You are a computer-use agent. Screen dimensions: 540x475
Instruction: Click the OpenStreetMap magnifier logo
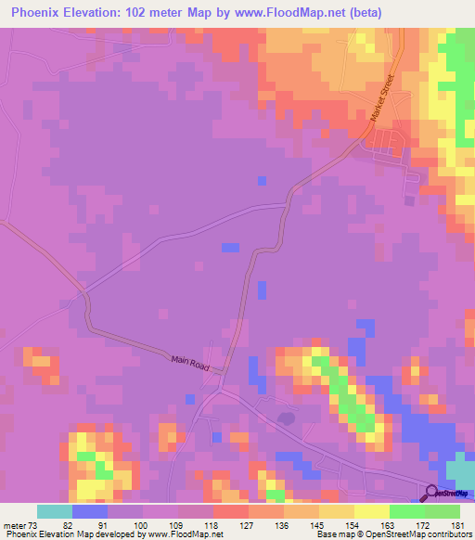[431, 494]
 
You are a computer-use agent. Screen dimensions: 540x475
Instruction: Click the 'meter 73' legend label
[21, 525]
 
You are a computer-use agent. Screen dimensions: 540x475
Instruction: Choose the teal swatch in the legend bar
[55, 511]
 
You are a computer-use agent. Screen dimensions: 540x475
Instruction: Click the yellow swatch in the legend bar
[372, 511]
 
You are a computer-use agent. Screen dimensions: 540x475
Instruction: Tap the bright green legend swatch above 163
[407, 511]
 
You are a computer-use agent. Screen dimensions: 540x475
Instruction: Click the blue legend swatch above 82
[90, 511]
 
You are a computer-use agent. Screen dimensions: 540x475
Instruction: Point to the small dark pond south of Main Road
[287, 418]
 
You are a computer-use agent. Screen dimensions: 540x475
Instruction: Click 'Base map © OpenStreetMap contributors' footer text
[393, 534]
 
